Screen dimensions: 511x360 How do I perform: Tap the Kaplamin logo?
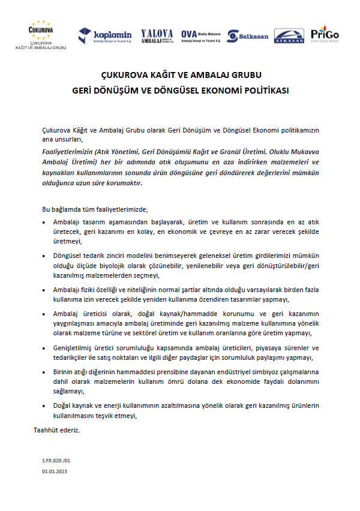(x=105, y=36)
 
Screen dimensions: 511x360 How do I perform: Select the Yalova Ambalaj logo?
(x=157, y=36)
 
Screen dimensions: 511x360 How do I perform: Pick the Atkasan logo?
(x=289, y=36)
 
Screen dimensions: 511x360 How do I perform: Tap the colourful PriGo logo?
(x=325, y=35)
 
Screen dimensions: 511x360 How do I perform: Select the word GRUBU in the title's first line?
(x=247, y=76)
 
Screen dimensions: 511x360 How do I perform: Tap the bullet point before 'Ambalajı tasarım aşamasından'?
(x=47, y=221)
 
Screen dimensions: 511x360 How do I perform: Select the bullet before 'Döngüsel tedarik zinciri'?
(x=47, y=256)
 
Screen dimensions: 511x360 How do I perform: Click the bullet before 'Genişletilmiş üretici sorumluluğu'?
(x=47, y=347)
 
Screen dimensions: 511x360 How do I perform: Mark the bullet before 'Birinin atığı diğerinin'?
(x=47, y=372)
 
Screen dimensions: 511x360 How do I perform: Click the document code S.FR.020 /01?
(x=56, y=460)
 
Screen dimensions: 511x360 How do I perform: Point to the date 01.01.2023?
(x=55, y=472)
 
